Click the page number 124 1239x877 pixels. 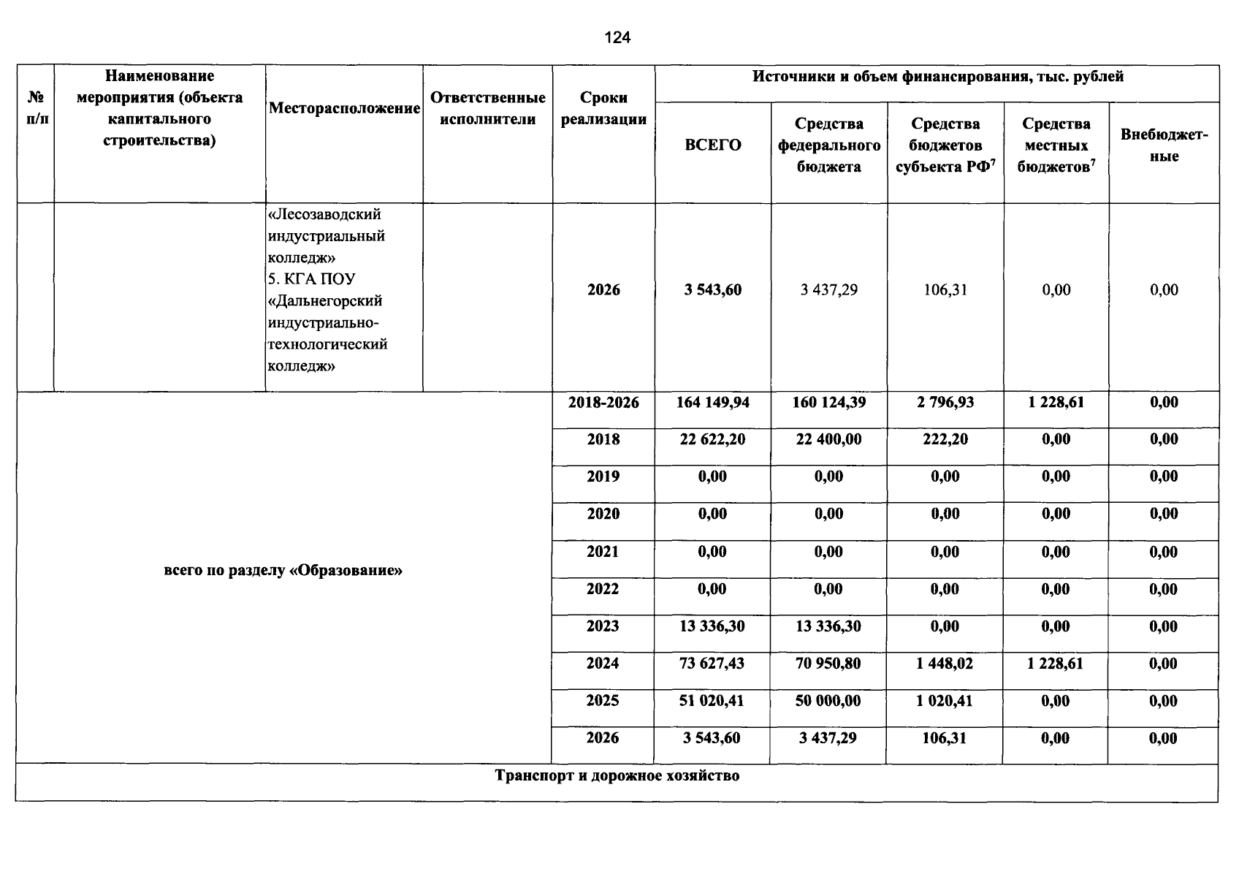[617, 38]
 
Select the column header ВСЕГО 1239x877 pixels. [712, 145]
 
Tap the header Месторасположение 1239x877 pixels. [344, 108]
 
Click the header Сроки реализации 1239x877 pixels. [603, 108]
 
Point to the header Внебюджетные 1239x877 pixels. [1164, 145]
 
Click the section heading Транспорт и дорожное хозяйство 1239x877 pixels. [617, 775]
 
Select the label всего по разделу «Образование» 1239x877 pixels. [283, 570]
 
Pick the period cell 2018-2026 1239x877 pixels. [603, 403]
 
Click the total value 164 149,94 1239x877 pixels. [712, 403]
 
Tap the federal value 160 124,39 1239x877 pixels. [828, 403]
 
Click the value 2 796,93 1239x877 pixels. [945, 403]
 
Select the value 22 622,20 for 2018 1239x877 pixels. [712, 439]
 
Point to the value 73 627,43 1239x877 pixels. [712, 664]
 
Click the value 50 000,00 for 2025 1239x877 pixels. [828, 701]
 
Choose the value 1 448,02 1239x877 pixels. [945, 664]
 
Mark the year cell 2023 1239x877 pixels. [603, 626]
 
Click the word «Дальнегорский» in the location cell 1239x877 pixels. [325, 301]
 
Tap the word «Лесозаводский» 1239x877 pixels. [325, 215]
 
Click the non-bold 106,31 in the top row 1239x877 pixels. [945, 290]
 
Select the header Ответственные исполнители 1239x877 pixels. [487, 108]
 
